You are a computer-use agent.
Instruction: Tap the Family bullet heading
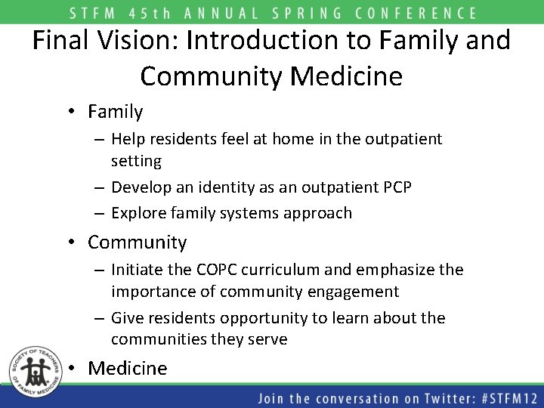(x=115, y=112)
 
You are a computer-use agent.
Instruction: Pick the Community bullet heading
(x=137, y=243)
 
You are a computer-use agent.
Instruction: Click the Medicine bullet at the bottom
(x=127, y=368)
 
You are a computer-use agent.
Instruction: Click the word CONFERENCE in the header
(x=420, y=13)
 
